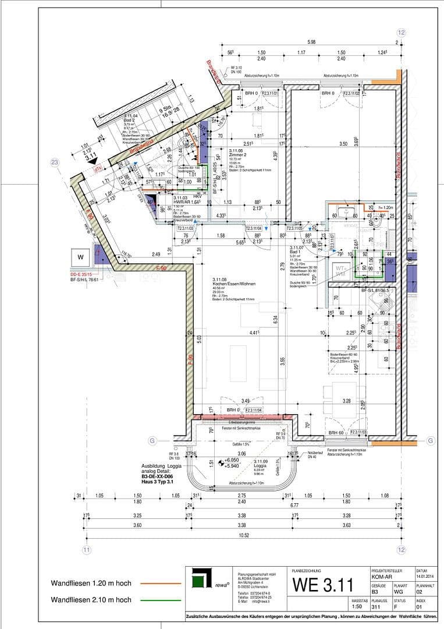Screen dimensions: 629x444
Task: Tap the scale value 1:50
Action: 358,606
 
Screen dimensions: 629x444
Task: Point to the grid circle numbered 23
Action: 55,162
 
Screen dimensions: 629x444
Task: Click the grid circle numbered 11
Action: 87,549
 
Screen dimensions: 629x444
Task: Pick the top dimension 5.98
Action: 312,41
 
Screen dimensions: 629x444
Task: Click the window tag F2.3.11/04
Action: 254,410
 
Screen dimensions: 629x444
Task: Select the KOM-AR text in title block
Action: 384,577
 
